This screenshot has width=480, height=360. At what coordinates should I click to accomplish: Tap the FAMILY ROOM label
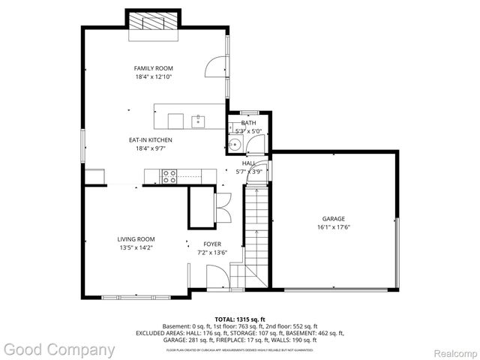tap(154, 68)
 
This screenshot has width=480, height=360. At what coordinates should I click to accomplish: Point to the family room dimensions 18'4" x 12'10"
tap(154, 76)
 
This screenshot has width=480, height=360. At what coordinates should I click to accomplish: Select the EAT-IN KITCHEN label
tap(151, 139)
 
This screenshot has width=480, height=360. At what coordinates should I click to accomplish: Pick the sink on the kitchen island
tap(199, 120)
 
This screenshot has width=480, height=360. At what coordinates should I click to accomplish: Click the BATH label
tap(249, 122)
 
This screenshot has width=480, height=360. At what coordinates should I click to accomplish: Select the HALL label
tap(249, 163)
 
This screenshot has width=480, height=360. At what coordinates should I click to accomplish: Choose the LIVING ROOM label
tap(135, 239)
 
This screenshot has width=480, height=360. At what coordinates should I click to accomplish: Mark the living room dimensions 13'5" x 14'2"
tap(135, 247)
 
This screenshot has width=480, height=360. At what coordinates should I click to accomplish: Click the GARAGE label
tap(334, 219)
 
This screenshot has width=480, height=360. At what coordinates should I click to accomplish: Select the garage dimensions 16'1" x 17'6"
tap(334, 227)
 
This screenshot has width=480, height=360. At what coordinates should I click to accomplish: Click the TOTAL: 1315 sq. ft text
tap(240, 319)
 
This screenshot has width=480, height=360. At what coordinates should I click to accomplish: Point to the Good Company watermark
tap(58, 349)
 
